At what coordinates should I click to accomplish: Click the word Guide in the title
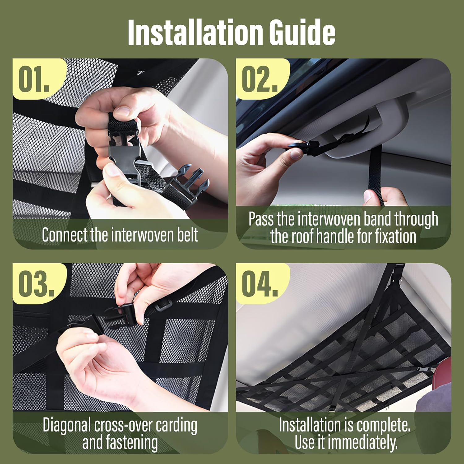click(x=302, y=32)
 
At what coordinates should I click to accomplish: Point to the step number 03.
click(x=36, y=284)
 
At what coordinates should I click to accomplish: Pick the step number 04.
click(x=260, y=284)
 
